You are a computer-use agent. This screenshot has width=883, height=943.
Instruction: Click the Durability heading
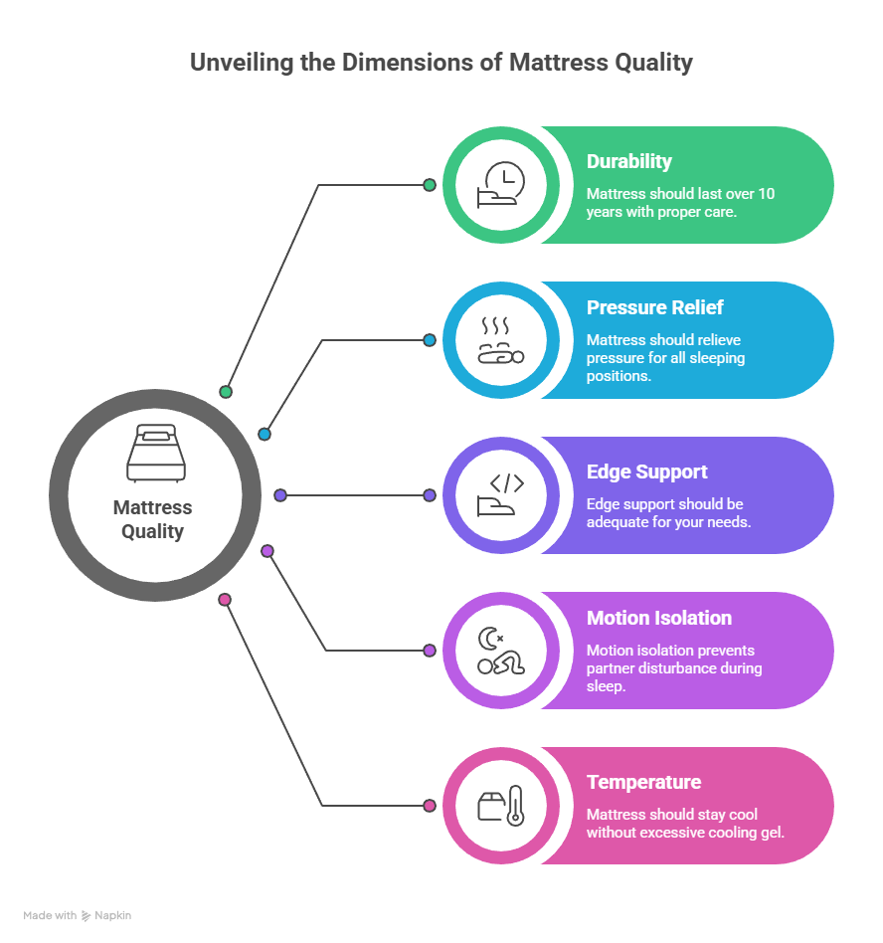[628, 162]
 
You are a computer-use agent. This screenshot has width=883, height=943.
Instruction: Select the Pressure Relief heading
[654, 307]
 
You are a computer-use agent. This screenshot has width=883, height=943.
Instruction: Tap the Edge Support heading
[646, 472]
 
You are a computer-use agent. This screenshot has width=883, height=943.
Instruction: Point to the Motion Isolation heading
[658, 618]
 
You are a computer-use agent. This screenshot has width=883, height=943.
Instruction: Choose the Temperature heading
[643, 782]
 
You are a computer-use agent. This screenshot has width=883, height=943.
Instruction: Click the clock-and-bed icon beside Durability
[500, 184]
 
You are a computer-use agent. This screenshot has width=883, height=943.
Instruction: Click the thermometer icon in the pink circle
[515, 806]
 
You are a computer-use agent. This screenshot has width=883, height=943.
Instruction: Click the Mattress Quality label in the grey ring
[152, 519]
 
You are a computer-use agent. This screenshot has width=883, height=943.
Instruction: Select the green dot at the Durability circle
[430, 185]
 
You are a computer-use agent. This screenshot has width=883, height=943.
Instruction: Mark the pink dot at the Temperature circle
[430, 806]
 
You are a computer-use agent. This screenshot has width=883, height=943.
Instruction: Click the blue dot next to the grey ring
[265, 434]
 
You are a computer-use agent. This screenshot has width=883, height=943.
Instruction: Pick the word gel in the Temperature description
[773, 832]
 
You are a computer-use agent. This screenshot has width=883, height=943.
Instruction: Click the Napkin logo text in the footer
[112, 915]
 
